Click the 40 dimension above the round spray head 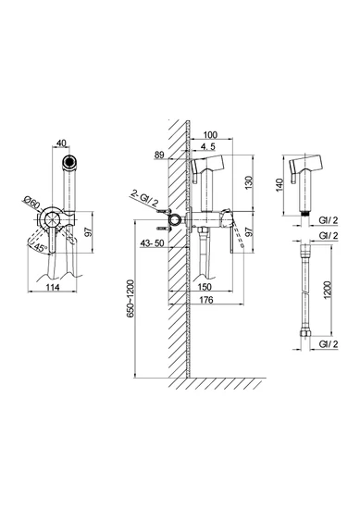(61, 143)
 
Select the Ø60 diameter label (31, 203)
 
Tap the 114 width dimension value (53, 287)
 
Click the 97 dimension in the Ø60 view (88, 231)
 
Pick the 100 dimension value (210, 134)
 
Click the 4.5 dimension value (207, 146)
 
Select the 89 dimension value (159, 155)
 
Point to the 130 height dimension (248, 182)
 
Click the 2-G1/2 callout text (144, 199)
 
